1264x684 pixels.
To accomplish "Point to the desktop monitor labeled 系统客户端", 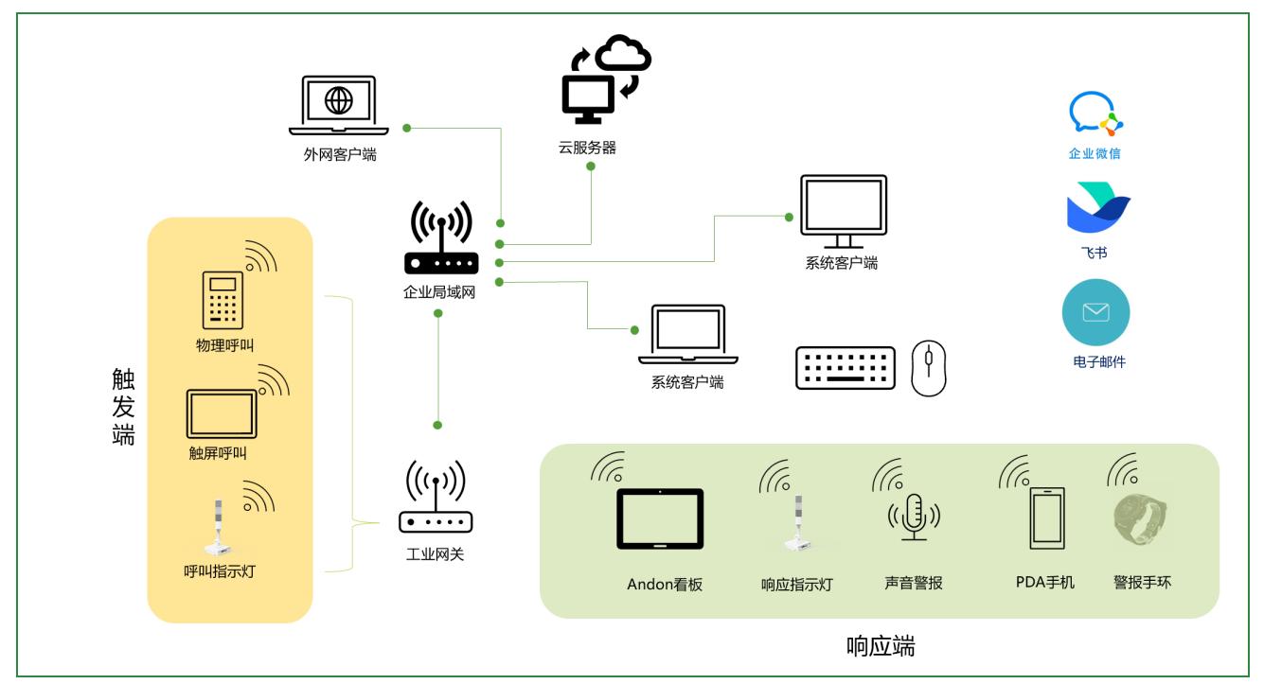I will pos(843,211).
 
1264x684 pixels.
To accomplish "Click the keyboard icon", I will pos(845,366).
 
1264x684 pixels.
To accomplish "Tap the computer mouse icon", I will pos(929,367).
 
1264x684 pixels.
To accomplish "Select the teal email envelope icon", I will pos(1095,312).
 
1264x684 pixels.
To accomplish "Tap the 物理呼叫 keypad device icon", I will pos(223,301).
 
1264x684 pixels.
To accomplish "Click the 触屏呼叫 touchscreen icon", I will pos(222,412).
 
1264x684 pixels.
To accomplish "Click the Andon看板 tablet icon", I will pos(660,518).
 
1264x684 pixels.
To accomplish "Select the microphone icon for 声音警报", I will pos(914,516).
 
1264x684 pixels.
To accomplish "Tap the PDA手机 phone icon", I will pos(1045,518).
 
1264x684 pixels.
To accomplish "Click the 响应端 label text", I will pos(881,647).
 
